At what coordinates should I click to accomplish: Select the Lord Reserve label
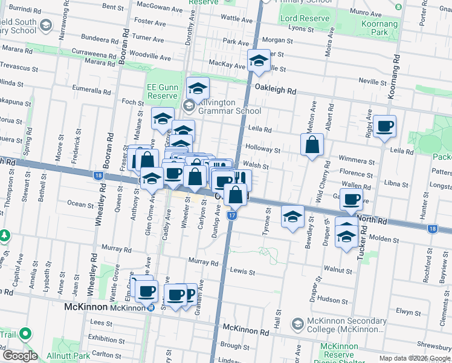305,19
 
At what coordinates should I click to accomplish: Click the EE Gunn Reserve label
162,91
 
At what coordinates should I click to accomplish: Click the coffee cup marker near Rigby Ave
384,127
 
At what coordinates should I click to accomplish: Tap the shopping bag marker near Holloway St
311,145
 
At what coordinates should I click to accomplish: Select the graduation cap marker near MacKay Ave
259,61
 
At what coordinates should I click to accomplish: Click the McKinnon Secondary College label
347,325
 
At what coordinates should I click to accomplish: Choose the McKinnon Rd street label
245,331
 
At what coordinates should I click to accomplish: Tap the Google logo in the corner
19,356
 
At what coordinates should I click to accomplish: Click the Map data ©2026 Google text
415,358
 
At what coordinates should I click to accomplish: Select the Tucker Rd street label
362,244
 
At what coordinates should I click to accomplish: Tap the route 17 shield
232,215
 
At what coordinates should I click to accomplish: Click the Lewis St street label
243,272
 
